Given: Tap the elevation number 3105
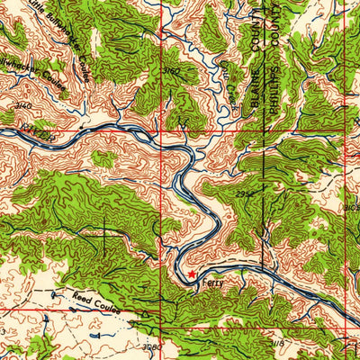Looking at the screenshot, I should (x=351, y=208).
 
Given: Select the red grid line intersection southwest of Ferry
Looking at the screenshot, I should (x=163, y=309).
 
